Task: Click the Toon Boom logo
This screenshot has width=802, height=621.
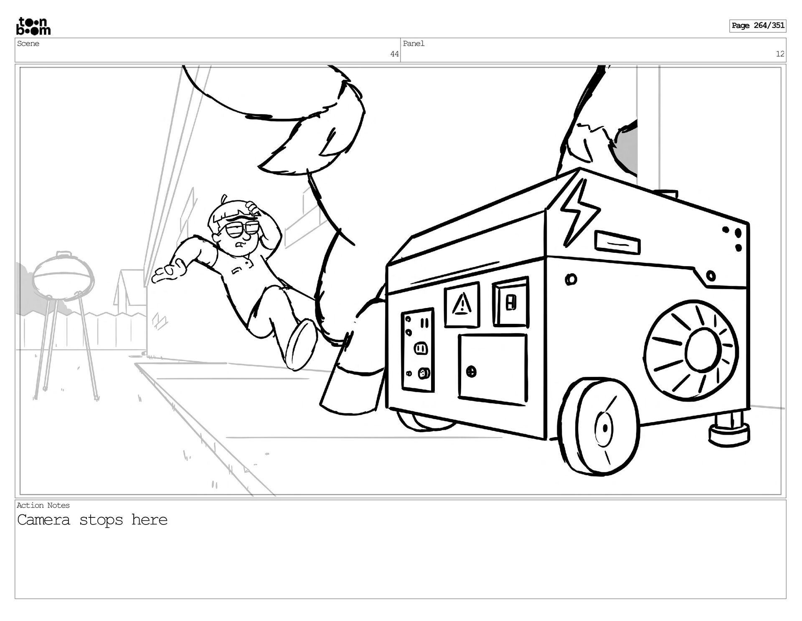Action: point(33,26)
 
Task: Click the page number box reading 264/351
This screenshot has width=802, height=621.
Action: point(757,25)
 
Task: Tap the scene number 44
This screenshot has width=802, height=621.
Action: point(394,54)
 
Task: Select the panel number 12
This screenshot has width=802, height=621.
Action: point(780,54)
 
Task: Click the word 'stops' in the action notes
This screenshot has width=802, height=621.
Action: point(101,520)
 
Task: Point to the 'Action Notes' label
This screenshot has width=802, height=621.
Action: point(43,505)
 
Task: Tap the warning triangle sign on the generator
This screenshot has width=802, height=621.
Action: point(462,304)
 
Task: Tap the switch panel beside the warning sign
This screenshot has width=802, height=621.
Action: point(510,302)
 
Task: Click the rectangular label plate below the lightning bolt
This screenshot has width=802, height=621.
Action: point(617,243)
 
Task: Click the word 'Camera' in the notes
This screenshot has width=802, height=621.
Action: point(43,520)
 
